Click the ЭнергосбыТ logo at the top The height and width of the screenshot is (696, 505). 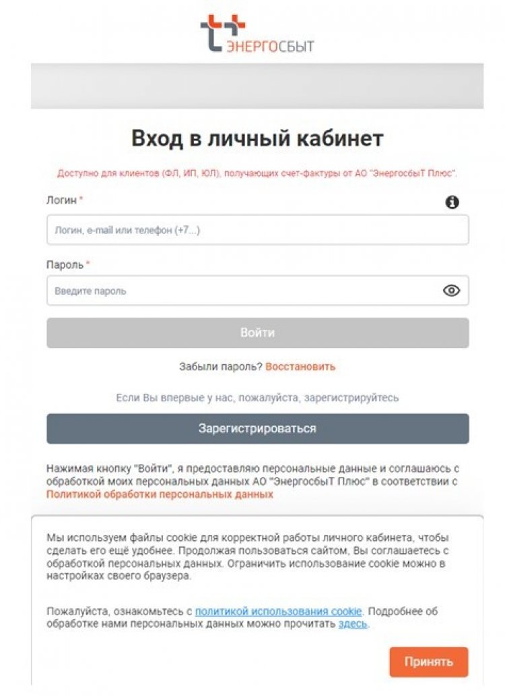257,34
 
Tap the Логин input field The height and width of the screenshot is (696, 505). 257,230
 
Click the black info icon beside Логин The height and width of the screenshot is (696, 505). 452,202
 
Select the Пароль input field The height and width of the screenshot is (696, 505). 242,291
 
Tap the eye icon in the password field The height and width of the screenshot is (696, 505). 451,291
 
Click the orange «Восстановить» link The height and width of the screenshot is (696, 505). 300,367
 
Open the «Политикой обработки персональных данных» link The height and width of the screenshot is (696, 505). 160,494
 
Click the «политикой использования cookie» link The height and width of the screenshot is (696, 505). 279,611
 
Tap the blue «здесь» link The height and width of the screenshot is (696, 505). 353,624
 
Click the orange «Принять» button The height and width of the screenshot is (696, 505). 428,662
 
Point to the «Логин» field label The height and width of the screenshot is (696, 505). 61,200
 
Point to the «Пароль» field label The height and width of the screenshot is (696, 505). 64,264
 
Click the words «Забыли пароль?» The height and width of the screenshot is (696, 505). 220,367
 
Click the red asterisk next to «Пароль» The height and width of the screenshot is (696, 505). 88,264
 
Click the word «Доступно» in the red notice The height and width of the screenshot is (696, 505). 76,173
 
